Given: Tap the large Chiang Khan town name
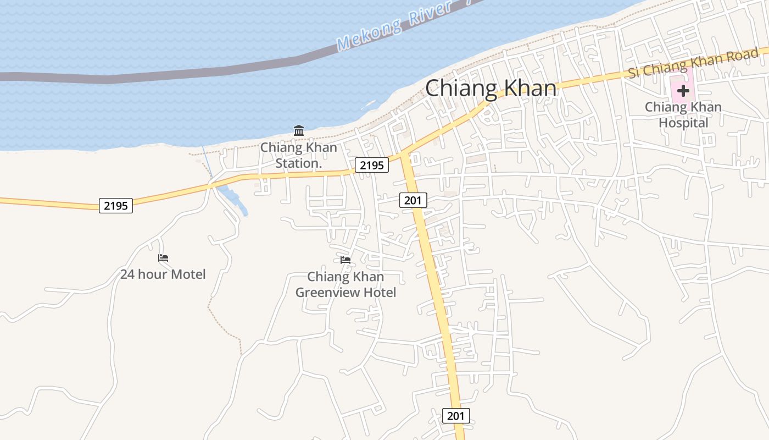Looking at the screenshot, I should click(491, 88).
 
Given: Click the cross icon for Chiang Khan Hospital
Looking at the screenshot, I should click(683, 91).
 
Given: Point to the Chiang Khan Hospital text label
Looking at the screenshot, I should click(683, 115).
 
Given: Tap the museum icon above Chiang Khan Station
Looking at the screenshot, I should click(299, 130).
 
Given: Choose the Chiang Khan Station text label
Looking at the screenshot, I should click(298, 155).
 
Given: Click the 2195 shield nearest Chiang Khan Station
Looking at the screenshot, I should click(371, 164).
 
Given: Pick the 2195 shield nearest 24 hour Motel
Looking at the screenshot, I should click(116, 206).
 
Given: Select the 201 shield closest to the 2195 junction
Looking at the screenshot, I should click(413, 200).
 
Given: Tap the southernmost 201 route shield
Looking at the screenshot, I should click(455, 415).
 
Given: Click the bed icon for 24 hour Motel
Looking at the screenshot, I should click(163, 257).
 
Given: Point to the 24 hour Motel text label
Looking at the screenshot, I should click(163, 274).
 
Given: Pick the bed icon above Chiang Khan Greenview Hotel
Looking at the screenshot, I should click(346, 260).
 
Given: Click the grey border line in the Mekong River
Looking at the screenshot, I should click(165, 76).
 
